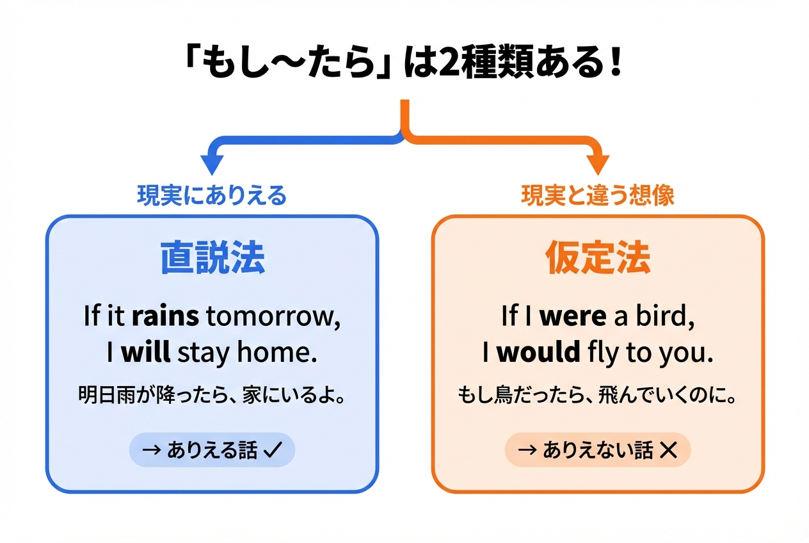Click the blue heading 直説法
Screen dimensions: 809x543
click(x=212, y=257)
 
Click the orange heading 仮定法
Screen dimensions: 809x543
click(x=598, y=257)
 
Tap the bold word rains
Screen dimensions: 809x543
click(x=165, y=316)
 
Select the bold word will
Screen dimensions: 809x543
click(x=146, y=352)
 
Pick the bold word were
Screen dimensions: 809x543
click(x=573, y=316)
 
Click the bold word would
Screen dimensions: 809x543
click(x=538, y=352)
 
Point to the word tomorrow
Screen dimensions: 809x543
click(x=273, y=316)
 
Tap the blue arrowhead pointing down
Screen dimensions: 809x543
click(x=212, y=164)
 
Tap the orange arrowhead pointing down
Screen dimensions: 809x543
click(x=598, y=164)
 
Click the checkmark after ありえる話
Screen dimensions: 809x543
click(x=273, y=450)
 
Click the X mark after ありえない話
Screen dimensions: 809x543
click(x=668, y=450)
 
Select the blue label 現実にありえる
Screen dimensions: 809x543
click(x=212, y=195)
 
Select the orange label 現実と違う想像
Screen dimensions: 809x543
click(x=598, y=195)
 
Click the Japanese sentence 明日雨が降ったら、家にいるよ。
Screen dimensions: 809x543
click(x=212, y=394)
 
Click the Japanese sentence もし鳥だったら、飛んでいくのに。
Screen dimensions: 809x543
click(x=597, y=394)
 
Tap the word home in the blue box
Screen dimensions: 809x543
click(x=276, y=352)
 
